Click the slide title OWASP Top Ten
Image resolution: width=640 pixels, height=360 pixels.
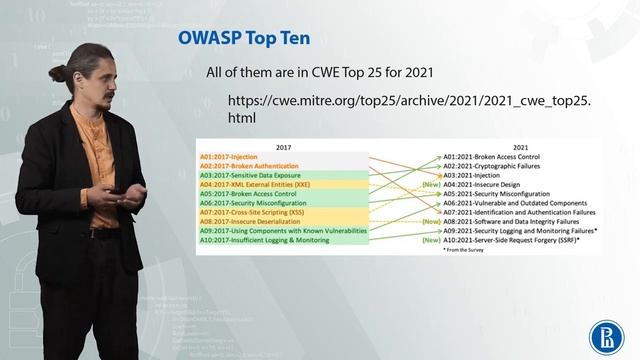click(x=243, y=39)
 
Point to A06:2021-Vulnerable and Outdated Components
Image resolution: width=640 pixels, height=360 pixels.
click(x=515, y=203)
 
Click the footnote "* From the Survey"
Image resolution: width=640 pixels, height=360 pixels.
click(x=465, y=250)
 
